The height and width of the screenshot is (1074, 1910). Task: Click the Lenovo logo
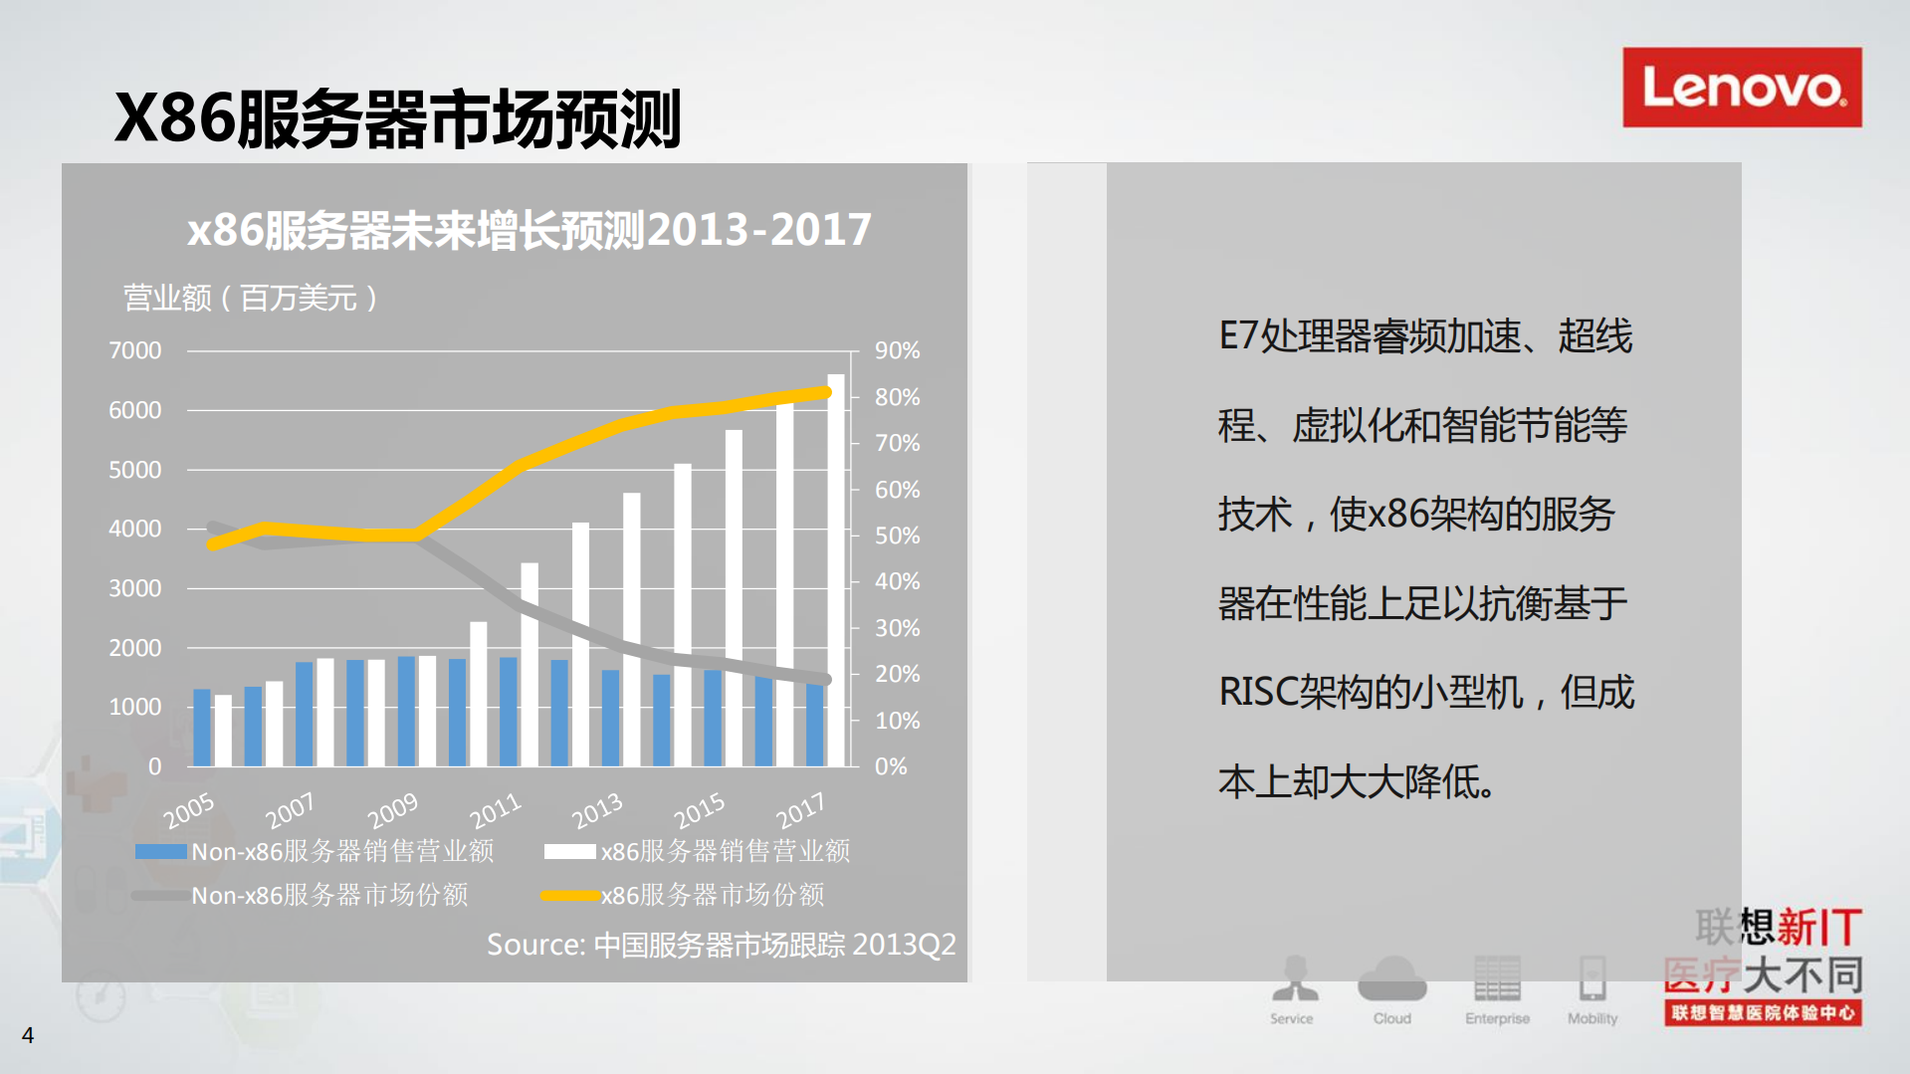click(x=1741, y=88)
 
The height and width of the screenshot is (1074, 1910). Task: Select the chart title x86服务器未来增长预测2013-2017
click(x=529, y=230)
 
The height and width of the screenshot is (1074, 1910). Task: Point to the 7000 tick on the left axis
click(x=134, y=350)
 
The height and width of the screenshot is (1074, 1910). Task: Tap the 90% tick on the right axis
click(x=897, y=350)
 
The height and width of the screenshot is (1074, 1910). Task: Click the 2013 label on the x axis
click(x=596, y=811)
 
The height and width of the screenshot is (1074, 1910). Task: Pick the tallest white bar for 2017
click(x=836, y=567)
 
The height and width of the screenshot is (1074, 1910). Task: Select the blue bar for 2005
click(x=202, y=727)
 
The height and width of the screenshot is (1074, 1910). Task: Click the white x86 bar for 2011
click(x=530, y=664)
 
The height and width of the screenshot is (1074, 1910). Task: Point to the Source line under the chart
click(x=721, y=944)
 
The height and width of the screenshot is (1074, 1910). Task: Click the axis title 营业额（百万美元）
click(x=250, y=298)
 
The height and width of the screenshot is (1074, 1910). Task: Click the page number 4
click(x=28, y=1035)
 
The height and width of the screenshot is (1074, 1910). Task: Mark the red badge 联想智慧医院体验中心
click(x=1763, y=1012)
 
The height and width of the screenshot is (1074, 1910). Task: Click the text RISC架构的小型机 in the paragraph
click(x=1371, y=692)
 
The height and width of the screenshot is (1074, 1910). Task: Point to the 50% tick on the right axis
click(x=897, y=536)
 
